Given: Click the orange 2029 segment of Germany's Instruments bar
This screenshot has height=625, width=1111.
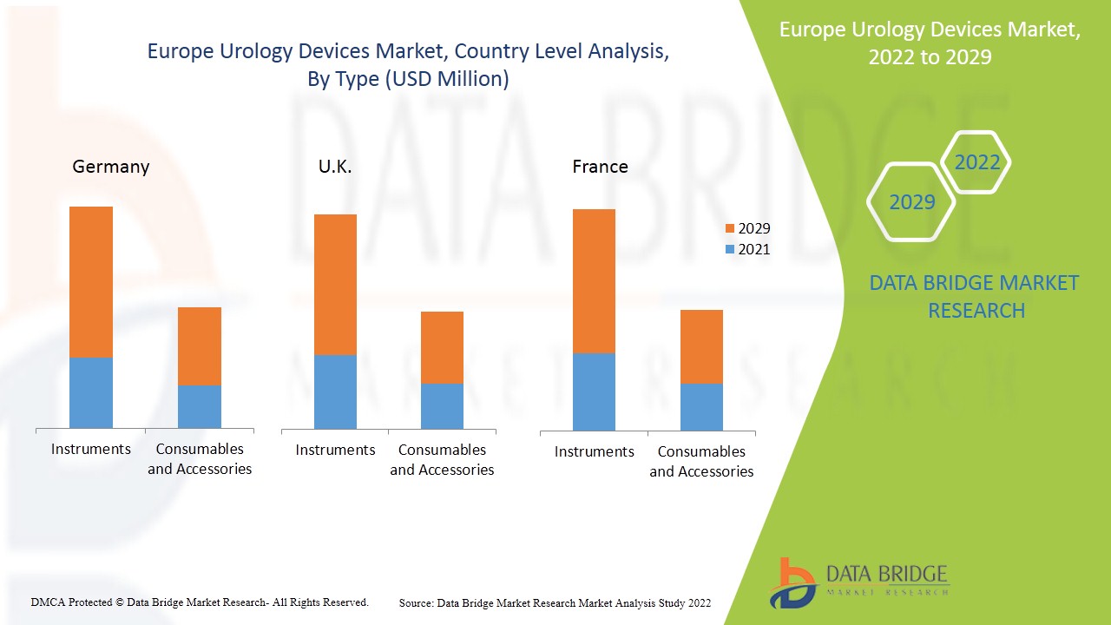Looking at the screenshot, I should click(91, 282).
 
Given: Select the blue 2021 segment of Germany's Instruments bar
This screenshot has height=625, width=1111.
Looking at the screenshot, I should click(91, 392).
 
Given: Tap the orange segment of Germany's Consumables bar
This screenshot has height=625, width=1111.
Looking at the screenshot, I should click(200, 346).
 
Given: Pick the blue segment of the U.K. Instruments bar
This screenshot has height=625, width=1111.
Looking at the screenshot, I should click(335, 391).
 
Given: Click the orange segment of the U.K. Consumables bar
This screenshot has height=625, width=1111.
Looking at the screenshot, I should click(442, 347).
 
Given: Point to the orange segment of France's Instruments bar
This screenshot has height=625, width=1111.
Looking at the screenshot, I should click(594, 281).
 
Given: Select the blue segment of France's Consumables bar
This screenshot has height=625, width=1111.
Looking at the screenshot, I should click(701, 406).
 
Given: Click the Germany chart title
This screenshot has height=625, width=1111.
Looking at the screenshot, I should click(111, 167).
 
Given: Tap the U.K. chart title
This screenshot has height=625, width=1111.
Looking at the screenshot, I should click(335, 167).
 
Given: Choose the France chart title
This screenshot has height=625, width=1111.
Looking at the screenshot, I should click(600, 167).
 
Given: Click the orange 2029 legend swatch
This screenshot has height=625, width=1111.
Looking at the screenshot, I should click(729, 229).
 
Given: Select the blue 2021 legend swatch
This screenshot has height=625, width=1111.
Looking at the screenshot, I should click(729, 250).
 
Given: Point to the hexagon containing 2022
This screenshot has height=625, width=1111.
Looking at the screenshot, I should click(976, 162).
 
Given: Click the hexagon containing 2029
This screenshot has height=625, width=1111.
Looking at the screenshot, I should click(911, 202).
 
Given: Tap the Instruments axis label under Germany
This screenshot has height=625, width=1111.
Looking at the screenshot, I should click(91, 449).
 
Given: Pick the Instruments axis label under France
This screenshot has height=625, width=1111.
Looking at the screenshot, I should click(595, 451).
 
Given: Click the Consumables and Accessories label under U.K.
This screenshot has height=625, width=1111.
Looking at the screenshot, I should click(442, 460).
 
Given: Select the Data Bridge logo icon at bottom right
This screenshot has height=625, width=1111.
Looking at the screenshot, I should click(792, 582).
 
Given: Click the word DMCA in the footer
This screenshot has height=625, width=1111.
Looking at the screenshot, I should click(47, 602).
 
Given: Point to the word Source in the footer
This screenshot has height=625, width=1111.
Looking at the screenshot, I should click(416, 602).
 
